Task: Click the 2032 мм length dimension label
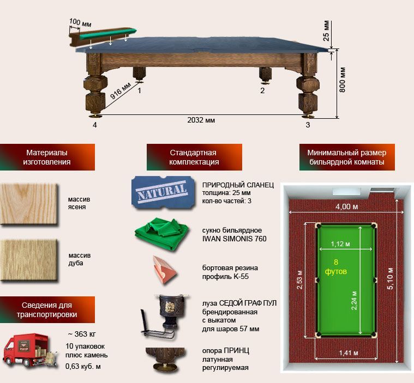point(201,120)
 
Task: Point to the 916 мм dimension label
point(120,91)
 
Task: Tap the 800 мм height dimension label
point(342,80)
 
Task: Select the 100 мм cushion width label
point(80,23)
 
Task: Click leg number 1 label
point(140,91)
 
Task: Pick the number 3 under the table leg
point(308,125)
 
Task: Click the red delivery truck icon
point(29,350)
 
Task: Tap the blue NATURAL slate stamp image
point(163,192)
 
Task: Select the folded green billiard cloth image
point(161,234)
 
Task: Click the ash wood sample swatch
point(29,204)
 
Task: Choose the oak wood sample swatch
point(29,260)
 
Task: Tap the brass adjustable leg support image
point(166,360)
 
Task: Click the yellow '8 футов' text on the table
point(336,266)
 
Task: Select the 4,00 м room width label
point(347,206)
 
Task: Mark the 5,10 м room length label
point(390,278)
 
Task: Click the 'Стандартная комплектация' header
point(194,157)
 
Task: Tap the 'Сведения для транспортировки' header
point(47,309)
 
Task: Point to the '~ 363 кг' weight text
point(82,334)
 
